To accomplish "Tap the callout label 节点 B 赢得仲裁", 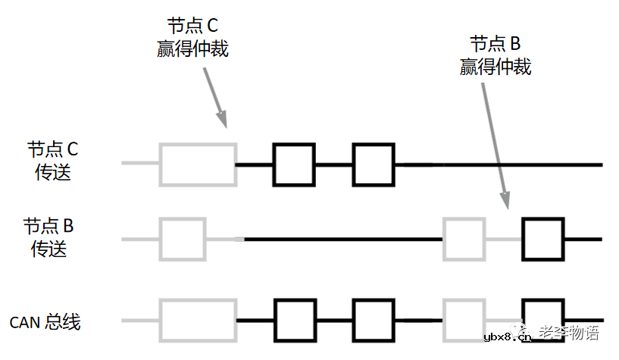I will point(495,55).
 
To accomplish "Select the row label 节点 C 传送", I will point(52,160).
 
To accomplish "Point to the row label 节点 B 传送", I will point(48,236).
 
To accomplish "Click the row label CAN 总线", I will point(45,322).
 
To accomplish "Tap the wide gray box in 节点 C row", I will point(198,164).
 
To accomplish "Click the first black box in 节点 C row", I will point(294,164).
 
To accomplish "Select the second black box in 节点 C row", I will point(373,164).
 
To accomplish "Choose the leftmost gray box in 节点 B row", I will point(183,239).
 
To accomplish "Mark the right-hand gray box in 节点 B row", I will point(464,239).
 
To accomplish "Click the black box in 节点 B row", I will point(543,239).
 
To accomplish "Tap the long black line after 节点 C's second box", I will point(500,164).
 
